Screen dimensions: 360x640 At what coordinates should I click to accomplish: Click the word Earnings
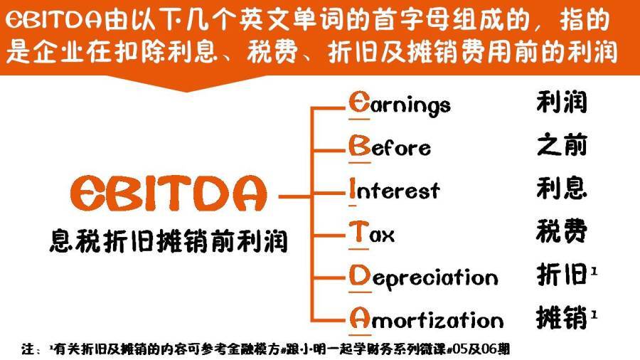pyautogui.click(x=400, y=105)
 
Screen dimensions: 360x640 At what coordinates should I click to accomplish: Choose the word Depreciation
pyautogui.click(x=423, y=276)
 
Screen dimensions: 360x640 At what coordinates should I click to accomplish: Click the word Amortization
pyautogui.click(x=426, y=319)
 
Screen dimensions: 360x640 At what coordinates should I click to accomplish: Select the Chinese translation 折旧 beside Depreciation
pyautogui.click(x=561, y=274)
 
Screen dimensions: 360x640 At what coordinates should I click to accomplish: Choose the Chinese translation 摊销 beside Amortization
pyautogui.click(x=561, y=318)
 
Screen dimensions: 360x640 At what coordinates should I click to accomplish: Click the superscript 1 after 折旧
pyautogui.click(x=594, y=270)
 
